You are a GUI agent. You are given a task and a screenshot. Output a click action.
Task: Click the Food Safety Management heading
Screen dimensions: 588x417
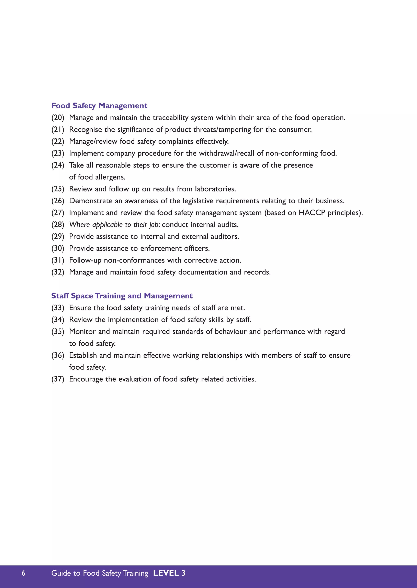click(99, 106)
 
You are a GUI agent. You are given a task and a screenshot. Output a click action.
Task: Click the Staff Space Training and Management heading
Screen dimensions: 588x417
click(122, 296)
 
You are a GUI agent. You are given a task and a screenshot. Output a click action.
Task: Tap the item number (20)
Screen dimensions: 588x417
click(58, 118)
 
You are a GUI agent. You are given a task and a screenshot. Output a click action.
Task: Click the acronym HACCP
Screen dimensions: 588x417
click(312, 213)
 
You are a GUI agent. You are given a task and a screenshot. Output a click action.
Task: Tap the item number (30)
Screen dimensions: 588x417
click(58, 248)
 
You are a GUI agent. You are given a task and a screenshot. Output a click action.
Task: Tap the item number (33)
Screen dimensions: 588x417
click(58, 308)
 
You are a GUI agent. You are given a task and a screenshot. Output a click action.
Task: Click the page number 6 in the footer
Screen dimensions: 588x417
click(23, 573)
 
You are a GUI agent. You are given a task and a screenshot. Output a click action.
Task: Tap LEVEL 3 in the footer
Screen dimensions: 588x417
click(169, 573)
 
